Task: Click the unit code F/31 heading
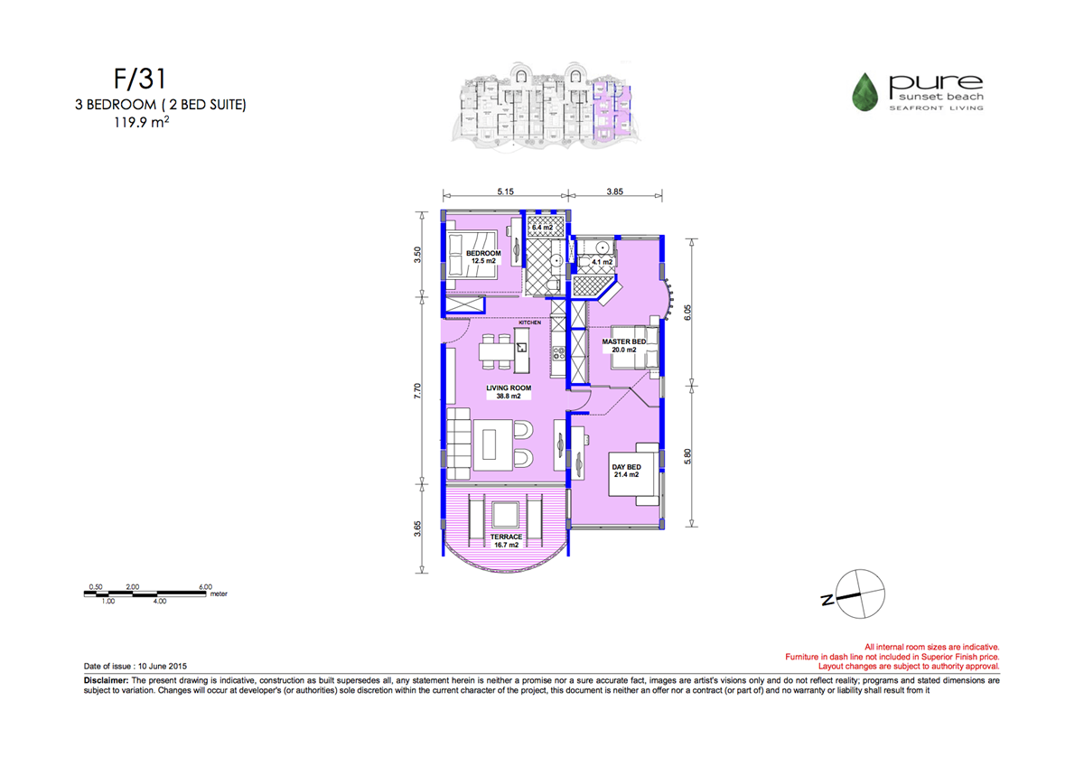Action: pos(140,79)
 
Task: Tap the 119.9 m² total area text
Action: pos(141,123)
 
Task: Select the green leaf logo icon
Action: pos(864,92)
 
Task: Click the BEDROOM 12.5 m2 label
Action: pos(483,257)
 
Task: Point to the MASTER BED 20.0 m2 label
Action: pos(624,345)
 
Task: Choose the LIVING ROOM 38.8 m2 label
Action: pos(509,392)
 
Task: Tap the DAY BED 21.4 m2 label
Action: pos(626,471)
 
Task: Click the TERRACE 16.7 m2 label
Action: pos(506,540)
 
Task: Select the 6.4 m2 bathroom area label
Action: pos(542,228)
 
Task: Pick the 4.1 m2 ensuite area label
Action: pos(603,262)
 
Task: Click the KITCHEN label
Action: pos(530,322)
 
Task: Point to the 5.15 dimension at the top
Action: pos(505,191)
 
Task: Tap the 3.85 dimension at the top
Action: pos(614,191)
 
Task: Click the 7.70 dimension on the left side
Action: pos(417,391)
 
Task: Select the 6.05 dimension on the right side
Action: pos(687,313)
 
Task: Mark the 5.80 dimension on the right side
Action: pos(687,456)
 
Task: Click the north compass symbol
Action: pos(859,593)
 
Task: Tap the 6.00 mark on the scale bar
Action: pos(205,587)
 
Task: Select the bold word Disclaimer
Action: pos(106,680)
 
